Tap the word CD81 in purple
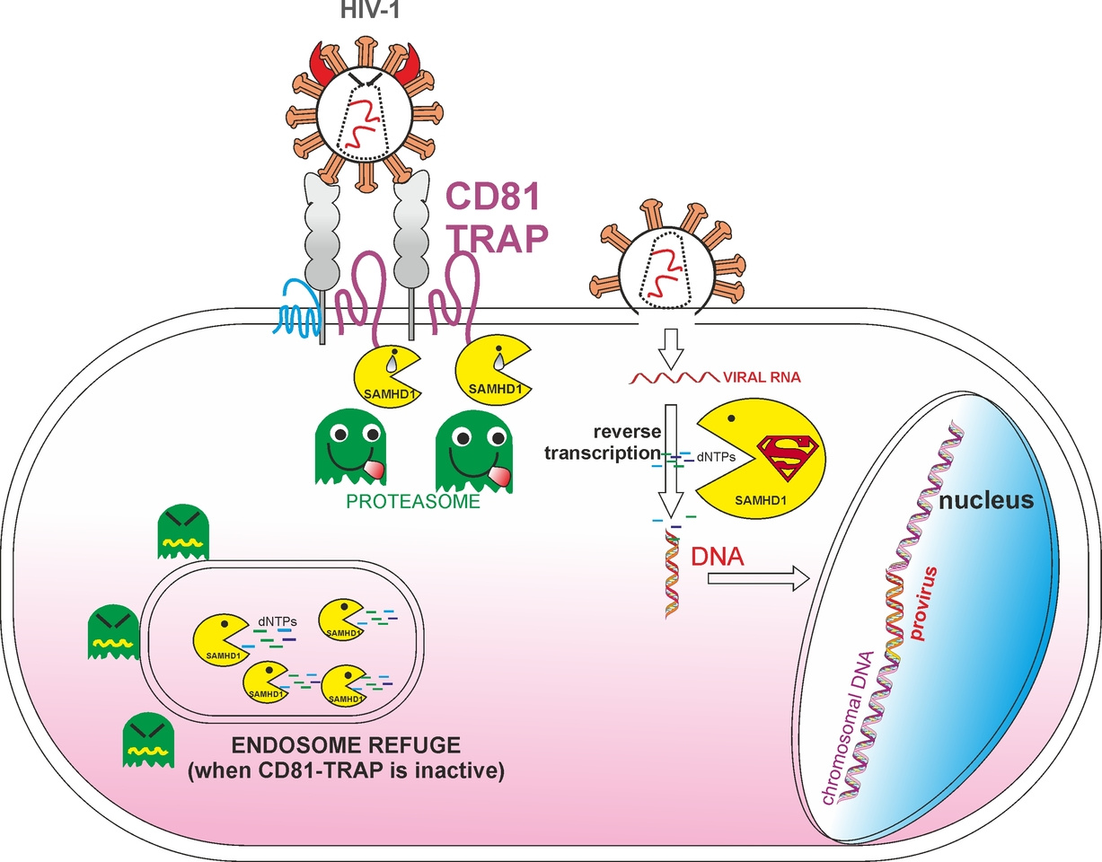[497, 196]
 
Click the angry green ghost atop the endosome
[184, 533]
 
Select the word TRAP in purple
[496, 239]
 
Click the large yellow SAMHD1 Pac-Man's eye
[734, 419]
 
